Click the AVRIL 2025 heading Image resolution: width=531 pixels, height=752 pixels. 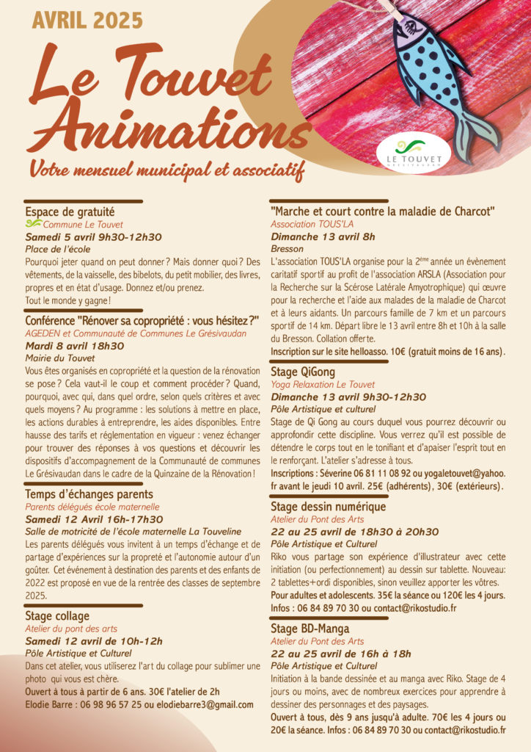coord(87,20)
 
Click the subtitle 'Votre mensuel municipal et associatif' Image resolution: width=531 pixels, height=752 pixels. coord(166,170)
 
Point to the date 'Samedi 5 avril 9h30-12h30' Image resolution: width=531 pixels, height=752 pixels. coord(93,237)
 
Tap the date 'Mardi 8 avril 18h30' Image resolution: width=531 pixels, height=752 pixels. coord(75,345)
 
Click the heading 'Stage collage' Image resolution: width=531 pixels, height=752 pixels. coord(57,615)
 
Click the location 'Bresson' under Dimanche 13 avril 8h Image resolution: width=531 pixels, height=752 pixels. coord(288,249)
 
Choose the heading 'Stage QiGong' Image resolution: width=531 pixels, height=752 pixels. coord(303,372)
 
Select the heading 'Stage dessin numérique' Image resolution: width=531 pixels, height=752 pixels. coord(328,507)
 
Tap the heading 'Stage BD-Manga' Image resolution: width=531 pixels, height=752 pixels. coord(310,629)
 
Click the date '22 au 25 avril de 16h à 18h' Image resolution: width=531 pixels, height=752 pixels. coord(341,654)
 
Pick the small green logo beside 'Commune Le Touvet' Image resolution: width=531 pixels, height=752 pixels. coord(33,224)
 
